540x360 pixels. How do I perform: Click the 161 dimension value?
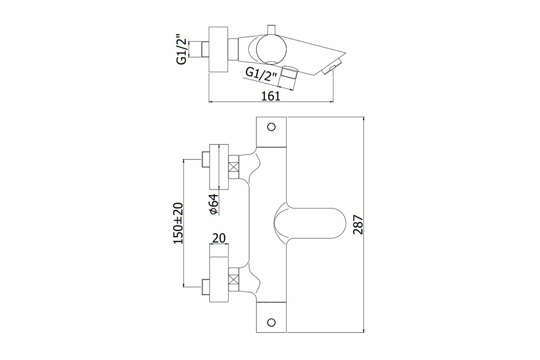click(x=271, y=96)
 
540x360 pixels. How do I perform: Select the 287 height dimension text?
click(x=358, y=225)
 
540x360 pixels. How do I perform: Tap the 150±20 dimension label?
click(x=178, y=223)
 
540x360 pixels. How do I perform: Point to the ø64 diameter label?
click(x=213, y=204)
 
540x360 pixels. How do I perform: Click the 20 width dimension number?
click(x=219, y=238)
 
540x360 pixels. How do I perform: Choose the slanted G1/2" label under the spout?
click(x=261, y=75)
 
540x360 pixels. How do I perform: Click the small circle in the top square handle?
click(x=271, y=127)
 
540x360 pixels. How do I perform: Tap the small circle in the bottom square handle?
click(x=271, y=322)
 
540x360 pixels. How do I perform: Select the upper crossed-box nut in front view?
click(x=234, y=167)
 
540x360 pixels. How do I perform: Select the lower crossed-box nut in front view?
click(x=234, y=279)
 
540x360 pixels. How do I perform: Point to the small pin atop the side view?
click(x=271, y=30)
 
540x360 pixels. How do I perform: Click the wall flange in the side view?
click(x=218, y=49)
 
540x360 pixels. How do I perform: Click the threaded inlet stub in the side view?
click(x=205, y=49)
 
